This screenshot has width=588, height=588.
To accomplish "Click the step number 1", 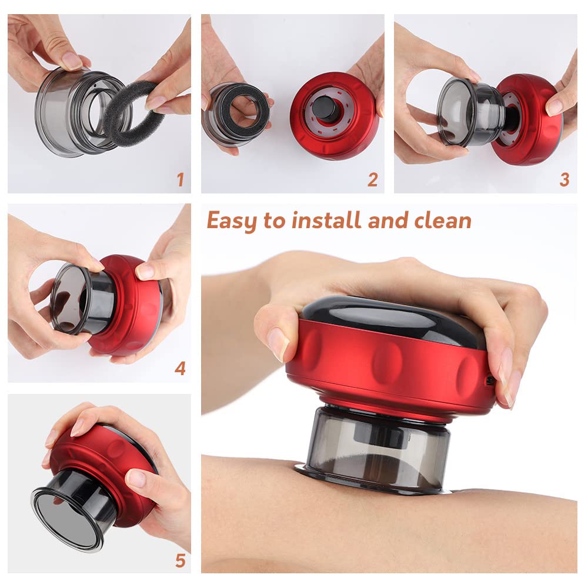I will pyautogui.click(x=181, y=179).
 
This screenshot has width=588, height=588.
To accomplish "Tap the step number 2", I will pyautogui.click(x=372, y=179).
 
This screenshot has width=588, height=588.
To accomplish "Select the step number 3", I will pyautogui.click(x=564, y=179).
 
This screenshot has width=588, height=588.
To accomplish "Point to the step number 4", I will pyautogui.click(x=181, y=369).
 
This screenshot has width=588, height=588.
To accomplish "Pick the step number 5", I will pyautogui.click(x=181, y=560).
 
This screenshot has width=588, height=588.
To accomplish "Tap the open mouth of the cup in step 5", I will pyautogui.click(x=65, y=517).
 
